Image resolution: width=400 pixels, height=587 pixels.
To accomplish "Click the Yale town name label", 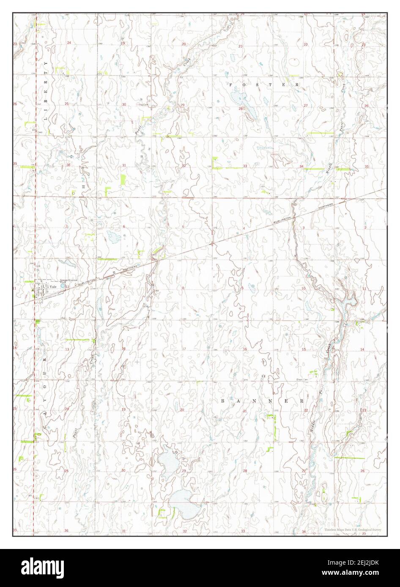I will point(53,286).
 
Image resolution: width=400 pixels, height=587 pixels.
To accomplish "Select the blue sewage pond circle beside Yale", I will point(63,286).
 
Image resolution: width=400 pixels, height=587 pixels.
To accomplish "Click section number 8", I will point(183,288).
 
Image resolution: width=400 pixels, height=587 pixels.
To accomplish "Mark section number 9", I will point(242,288).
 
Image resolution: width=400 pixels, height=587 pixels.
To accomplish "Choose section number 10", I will point(303,288).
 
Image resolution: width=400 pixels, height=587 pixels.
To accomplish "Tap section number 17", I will point(184,349).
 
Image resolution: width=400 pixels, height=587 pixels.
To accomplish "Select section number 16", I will point(244,349).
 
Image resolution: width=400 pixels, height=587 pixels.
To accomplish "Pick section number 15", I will point(304,349).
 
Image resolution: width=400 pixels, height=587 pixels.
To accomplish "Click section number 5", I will point(183,227).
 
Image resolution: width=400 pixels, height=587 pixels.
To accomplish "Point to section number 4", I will point(244,228).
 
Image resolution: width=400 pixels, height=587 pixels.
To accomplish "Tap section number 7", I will point(124,288).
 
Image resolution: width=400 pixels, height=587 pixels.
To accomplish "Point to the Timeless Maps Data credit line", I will point(353,530).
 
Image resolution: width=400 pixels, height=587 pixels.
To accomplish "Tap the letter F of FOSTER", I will point(231,84).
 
